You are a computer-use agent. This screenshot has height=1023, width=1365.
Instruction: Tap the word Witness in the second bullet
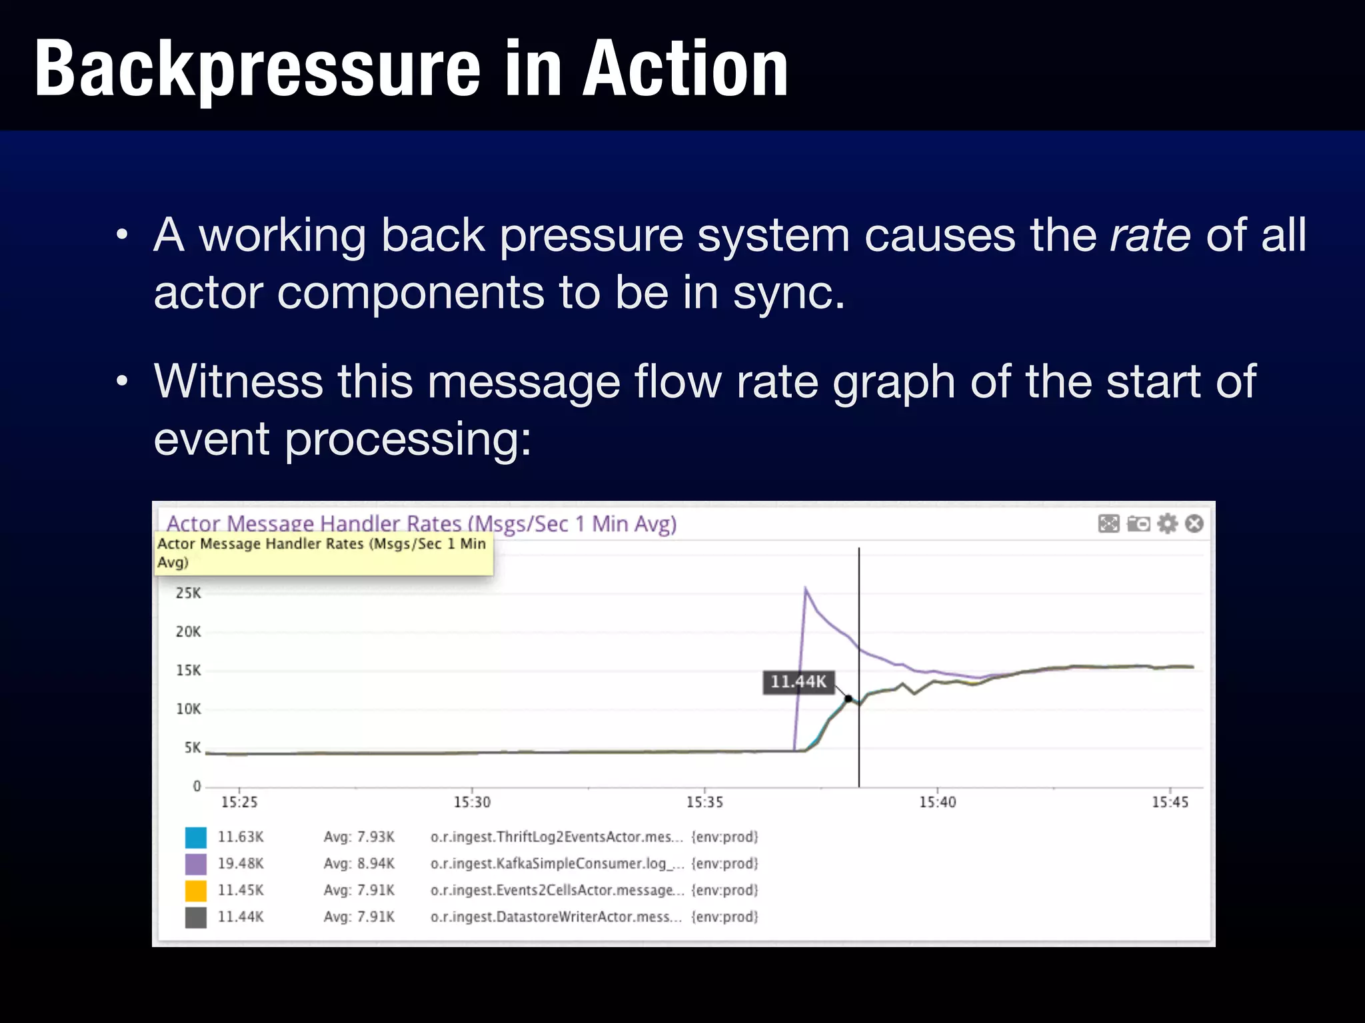point(238,382)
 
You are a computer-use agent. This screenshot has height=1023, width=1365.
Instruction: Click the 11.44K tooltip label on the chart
point(798,682)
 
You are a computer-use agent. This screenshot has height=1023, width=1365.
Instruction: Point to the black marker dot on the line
point(848,699)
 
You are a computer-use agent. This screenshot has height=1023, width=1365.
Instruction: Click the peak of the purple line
point(805,589)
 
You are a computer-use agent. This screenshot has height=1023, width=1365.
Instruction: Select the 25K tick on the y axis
point(188,593)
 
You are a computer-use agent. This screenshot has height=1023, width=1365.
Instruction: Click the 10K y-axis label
point(188,709)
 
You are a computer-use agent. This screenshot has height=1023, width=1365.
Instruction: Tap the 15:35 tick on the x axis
point(704,802)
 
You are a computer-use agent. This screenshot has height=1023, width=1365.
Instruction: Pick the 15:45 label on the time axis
point(1170,802)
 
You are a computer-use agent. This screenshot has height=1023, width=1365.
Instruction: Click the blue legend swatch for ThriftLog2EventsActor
point(196,837)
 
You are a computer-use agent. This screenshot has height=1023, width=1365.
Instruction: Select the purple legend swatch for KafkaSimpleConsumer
point(196,864)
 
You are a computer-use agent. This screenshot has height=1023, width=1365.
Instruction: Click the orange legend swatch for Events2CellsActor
point(196,890)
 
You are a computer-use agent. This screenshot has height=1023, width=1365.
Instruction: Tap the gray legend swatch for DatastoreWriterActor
point(196,917)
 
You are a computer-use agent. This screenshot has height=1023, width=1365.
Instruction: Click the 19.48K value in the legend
point(241,864)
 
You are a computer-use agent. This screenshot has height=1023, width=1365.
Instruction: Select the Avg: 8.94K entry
point(359,864)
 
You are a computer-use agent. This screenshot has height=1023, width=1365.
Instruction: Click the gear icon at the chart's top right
point(1167,523)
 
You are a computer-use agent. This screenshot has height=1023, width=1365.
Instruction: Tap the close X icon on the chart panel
point(1194,523)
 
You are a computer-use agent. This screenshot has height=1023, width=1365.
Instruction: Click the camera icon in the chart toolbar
point(1138,523)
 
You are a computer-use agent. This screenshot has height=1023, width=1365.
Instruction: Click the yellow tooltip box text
point(321,553)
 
